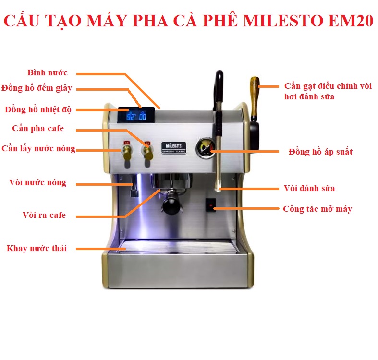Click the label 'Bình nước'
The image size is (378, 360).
[x=47, y=72]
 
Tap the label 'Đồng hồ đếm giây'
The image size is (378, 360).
[x=37, y=88]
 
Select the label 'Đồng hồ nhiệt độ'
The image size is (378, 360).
[x=38, y=109]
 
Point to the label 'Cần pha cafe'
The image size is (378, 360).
[x=38, y=129]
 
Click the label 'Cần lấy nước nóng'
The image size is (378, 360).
[x=38, y=149]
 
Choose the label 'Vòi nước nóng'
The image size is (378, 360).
[x=37, y=183]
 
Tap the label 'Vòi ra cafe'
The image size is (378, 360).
[x=44, y=215]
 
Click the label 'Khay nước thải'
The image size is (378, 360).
[x=37, y=248]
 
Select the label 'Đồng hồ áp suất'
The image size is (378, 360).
[x=320, y=152]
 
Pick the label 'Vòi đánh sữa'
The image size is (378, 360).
[x=309, y=188]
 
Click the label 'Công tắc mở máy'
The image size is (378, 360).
[x=317, y=209]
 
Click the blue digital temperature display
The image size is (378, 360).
[x=136, y=115]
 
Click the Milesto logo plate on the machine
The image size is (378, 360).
[x=173, y=148]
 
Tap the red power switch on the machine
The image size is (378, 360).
[x=211, y=205]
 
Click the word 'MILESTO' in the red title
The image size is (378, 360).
[x=283, y=21]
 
